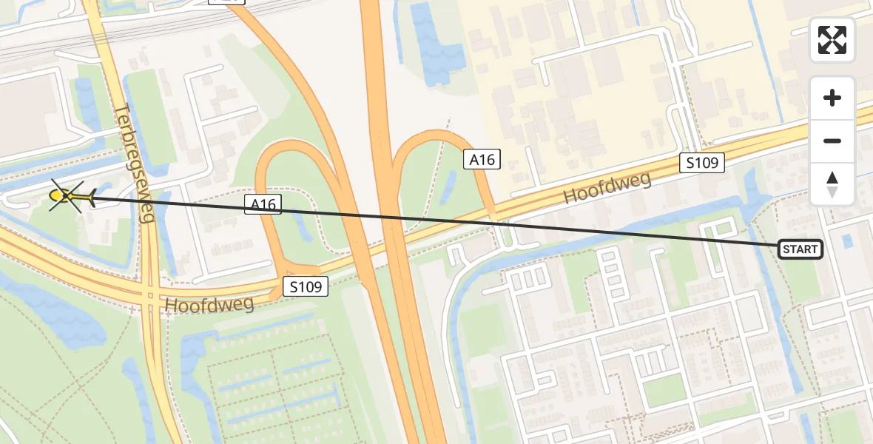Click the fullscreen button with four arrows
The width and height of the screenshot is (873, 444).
click(x=832, y=40)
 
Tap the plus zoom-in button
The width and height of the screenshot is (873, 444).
click(x=832, y=98)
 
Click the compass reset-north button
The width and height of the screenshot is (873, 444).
click(x=832, y=184)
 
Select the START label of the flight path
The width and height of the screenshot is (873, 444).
click(x=800, y=249)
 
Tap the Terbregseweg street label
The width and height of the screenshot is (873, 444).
click(x=135, y=163)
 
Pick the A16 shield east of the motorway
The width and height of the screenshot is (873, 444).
click(x=482, y=158)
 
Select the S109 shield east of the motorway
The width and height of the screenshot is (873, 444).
click(x=701, y=163)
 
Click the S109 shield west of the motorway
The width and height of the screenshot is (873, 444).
click(x=306, y=286)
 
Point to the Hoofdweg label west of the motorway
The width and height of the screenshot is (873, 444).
click(x=209, y=303)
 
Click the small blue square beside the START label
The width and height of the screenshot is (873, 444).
click(x=848, y=240)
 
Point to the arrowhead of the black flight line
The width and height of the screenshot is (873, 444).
click(x=93, y=197)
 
